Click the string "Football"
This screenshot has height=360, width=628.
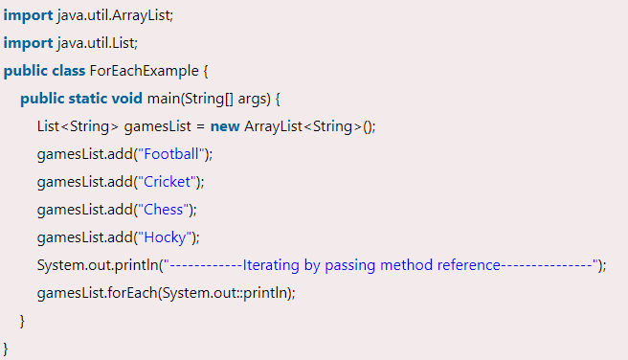pyautogui.click(x=172, y=154)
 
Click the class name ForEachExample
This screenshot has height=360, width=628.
pyautogui.click(x=143, y=71)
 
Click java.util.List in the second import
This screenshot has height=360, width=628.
pyautogui.click(x=92, y=44)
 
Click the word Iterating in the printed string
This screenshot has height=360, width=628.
pyautogui.click(x=273, y=265)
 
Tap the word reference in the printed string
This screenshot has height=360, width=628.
pyautogui.click(x=463, y=265)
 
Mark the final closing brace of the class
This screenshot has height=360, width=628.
pyautogui.click(x=7, y=346)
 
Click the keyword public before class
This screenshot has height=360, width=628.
pyautogui.click(x=24, y=71)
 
